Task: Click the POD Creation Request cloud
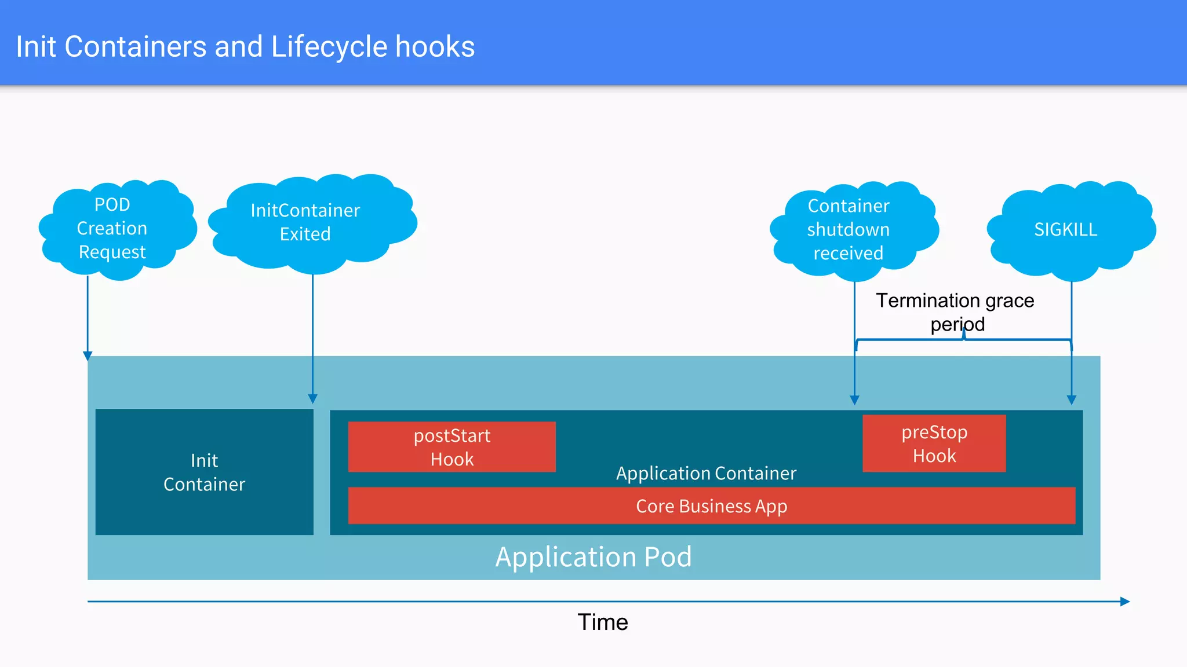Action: tap(116, 229)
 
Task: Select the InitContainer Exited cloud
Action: tap(310, 223)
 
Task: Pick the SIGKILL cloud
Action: tap(1069, 230)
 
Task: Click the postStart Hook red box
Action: tap(452, 447)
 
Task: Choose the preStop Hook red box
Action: tap(934, 444)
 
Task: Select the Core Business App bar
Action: tap(711, 506)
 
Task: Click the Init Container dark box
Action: tap(204, 472)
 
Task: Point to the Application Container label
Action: tap(706, 474)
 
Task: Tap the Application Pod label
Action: tap(593, 557)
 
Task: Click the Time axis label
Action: tap(602, 622)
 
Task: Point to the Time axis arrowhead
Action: tap(1125, 602)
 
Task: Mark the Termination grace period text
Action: tap(955, 312)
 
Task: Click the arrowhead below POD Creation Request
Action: tap(88, 356)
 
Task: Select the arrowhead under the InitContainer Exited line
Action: tap(312, 399)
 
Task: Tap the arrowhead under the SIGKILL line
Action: tap(1071, 400)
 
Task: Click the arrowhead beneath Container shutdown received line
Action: tap(854, 400)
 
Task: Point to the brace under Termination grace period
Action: tap(963, 340)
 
